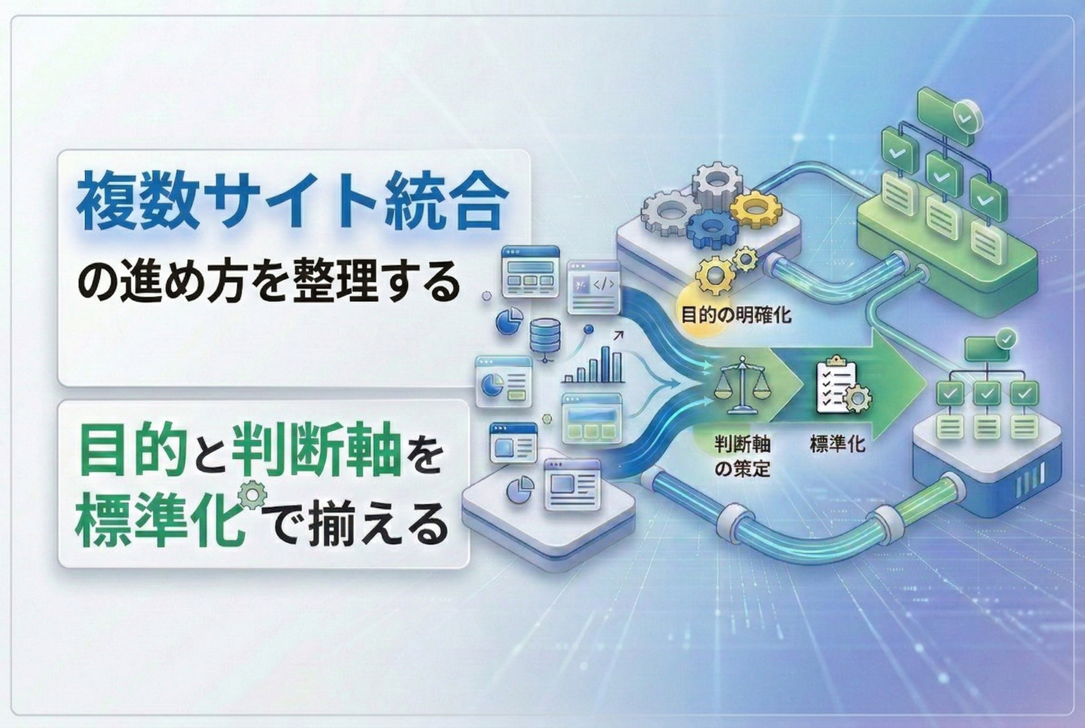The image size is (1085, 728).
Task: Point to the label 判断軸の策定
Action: pos(743,457)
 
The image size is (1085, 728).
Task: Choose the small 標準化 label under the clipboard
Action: pos(838,445)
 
